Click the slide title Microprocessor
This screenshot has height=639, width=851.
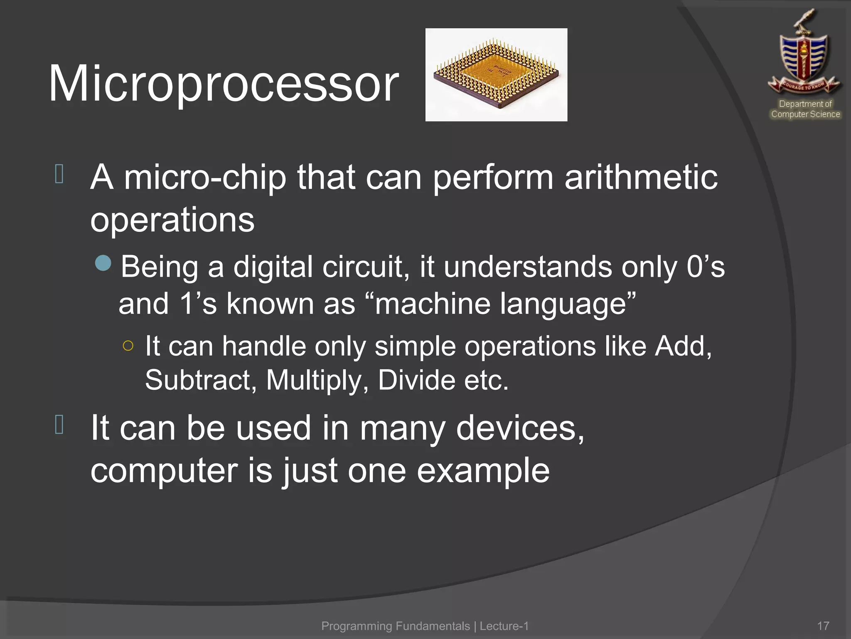click(x=224, y=84)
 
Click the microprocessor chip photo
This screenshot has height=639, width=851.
click(x=496, y=75)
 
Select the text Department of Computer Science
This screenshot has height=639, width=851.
click(x=805, y=109)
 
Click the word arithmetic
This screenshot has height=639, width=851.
click(x=641, y=178)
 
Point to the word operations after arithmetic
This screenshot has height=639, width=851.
click(x=172, y=220)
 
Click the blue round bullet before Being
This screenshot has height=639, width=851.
click(x=103, y=263)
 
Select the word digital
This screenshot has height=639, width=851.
click(x=273, y=267)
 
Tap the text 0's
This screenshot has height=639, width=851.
click(x=706, y=267)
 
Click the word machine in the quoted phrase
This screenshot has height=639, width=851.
click(x=432, y=304)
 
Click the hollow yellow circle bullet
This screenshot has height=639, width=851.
click(x=128, y=346)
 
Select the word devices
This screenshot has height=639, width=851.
click(x=519, y=428)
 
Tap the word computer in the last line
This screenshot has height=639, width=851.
click(x=164, y=471)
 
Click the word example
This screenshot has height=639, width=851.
click(x=483, y=471)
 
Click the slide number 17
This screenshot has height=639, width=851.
click(x=823, y=626)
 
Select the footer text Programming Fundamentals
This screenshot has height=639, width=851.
click(x=395, y=626)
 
